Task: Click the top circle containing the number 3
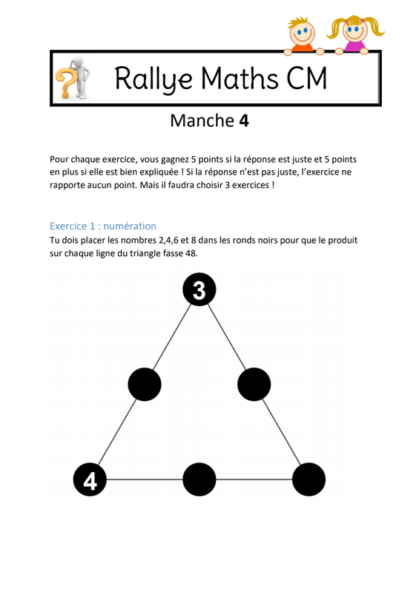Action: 199,290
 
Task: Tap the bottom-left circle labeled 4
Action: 90,479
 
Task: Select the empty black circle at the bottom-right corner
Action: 309,479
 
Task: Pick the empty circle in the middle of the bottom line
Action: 199,479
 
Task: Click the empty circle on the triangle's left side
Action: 145,384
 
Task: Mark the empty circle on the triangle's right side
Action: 254,384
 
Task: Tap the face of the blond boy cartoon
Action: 302,32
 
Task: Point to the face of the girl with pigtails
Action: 355,30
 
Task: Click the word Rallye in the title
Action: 154,79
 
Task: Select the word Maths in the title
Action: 240,78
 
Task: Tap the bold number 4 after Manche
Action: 244,121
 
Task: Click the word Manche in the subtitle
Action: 202,121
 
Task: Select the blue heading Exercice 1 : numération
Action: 103,226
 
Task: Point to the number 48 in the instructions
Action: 191,253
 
